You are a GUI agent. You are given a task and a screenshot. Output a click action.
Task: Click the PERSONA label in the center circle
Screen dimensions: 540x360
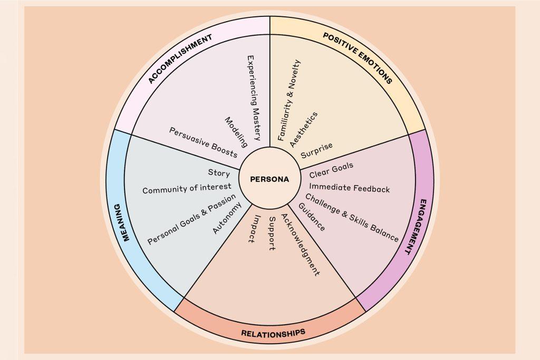[x=269, y=179]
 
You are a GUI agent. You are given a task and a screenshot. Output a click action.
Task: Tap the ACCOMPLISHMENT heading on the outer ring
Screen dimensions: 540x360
[x=180, y=59]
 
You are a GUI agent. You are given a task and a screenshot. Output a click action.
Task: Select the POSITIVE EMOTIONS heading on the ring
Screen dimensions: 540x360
[x=358, y=57]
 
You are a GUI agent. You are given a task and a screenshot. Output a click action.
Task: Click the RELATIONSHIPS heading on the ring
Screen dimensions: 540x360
[x=273, y=333]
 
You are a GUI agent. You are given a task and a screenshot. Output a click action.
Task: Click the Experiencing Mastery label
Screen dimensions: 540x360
[x=255, y=98]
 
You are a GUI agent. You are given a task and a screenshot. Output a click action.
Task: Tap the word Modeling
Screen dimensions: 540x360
[x=236, y=132]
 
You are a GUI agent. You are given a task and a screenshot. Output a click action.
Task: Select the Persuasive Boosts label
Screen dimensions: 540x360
[x=203, y=142]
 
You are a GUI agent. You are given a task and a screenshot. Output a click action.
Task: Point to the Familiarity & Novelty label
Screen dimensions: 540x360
[x=289, y=100]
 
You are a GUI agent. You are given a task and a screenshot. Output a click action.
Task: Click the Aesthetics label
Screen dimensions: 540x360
[x=304, y=130]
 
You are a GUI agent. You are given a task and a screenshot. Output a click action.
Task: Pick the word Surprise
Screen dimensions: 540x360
[x=316, y=150]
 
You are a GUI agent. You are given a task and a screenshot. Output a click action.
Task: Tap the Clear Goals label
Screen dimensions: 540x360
[x=331, y=170]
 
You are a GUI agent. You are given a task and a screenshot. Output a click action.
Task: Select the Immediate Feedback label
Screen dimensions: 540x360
[x=349, y=188]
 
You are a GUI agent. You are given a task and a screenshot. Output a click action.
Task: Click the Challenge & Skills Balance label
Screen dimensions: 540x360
[x=352, y=218]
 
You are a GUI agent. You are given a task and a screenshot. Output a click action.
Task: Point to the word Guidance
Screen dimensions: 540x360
[x=311, y=217]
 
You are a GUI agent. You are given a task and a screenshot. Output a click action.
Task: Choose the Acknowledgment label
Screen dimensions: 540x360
[x=300, y=245]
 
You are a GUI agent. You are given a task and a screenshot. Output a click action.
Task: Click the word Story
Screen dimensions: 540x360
[x=219, y=172]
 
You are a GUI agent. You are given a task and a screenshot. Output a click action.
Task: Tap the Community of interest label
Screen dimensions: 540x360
[x=187, y=189]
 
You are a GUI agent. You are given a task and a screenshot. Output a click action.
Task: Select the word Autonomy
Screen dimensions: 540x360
[x=227, y=218]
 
